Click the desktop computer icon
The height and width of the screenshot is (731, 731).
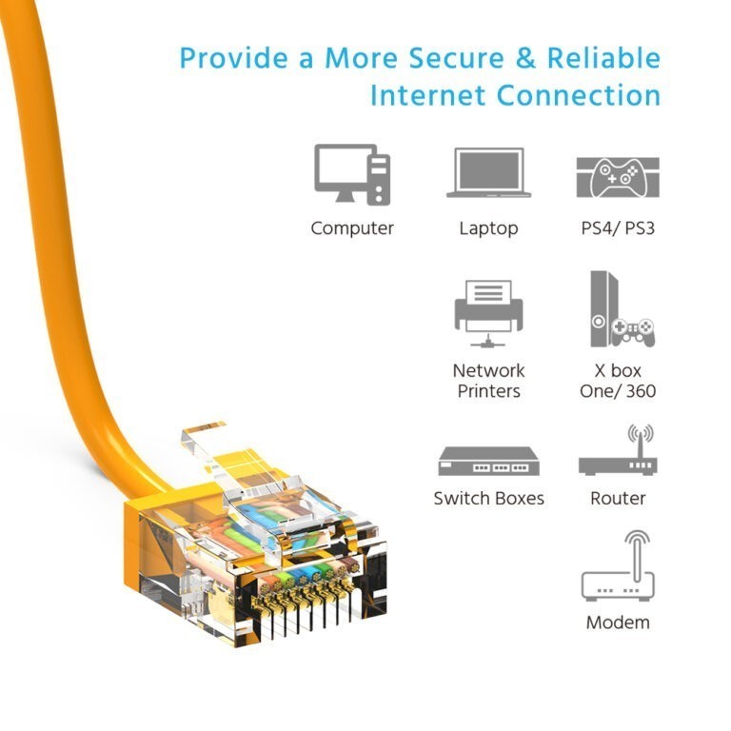(352, 174)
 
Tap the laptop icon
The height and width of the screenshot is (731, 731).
(488, 172)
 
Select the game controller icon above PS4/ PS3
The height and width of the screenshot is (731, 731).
(618, 178)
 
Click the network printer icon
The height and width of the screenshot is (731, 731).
(488, 313)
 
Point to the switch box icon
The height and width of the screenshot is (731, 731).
(488, 461)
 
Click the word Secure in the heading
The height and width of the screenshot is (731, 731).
(457, 58)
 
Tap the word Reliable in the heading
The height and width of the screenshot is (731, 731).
(603, 58)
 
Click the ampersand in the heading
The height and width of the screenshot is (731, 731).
(525, 58)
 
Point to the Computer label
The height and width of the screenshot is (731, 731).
(352, 228)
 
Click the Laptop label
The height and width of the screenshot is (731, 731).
(488, 228)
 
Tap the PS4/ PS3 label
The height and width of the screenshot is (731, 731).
(618, 228)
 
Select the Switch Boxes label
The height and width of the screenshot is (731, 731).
(488, 499)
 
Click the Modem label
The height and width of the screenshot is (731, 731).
(618, 622)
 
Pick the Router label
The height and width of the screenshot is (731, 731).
(618, 499)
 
